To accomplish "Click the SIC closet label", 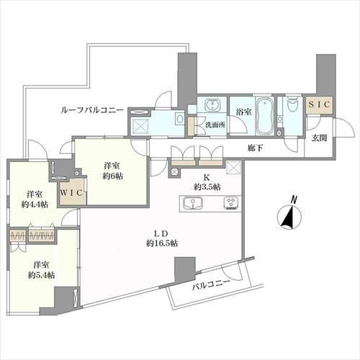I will [318, 105].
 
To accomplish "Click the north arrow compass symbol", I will [288, 216].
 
